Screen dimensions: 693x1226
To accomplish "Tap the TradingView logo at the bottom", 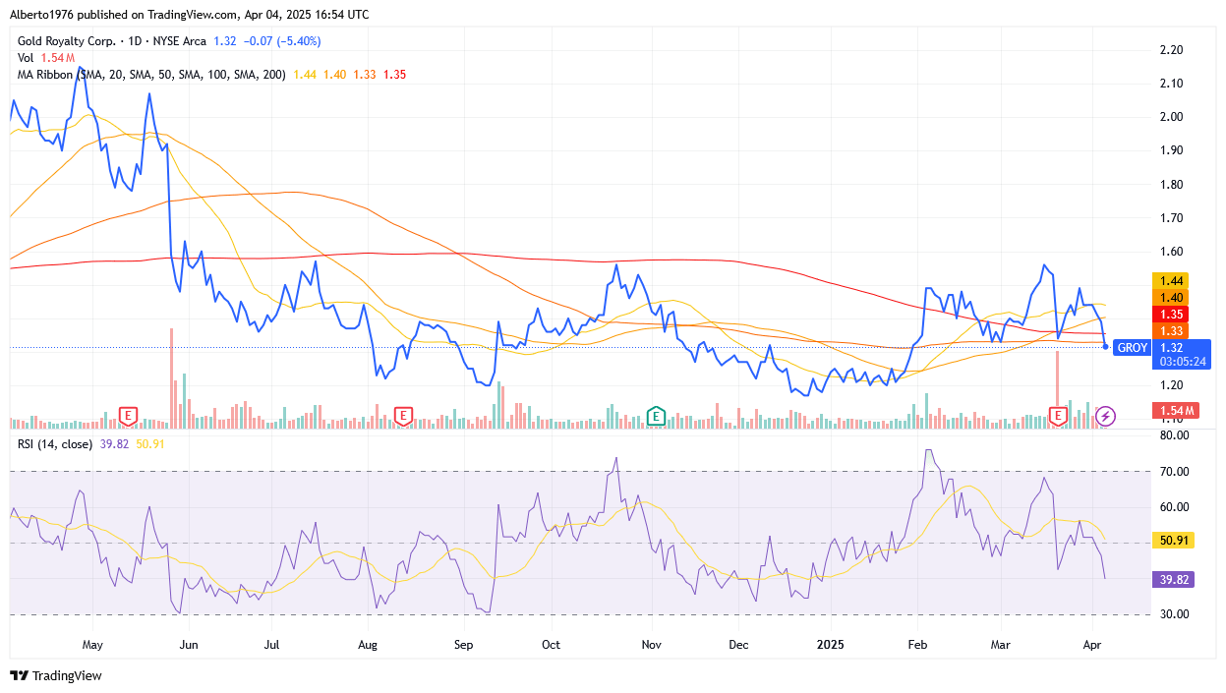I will [56, 675].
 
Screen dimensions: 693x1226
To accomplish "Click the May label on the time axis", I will [92, 645].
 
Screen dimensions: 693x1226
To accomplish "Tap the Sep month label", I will [463, 645].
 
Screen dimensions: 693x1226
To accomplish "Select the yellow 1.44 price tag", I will [1172, 280].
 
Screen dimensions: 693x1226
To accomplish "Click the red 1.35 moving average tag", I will [1172, 314].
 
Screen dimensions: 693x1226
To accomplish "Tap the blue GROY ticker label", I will [1133, 347].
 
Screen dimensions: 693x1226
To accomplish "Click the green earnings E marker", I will [655, 416].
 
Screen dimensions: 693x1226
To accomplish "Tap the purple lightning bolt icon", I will [1105, 416].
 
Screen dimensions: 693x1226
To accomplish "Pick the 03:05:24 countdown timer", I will [1183, 361].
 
